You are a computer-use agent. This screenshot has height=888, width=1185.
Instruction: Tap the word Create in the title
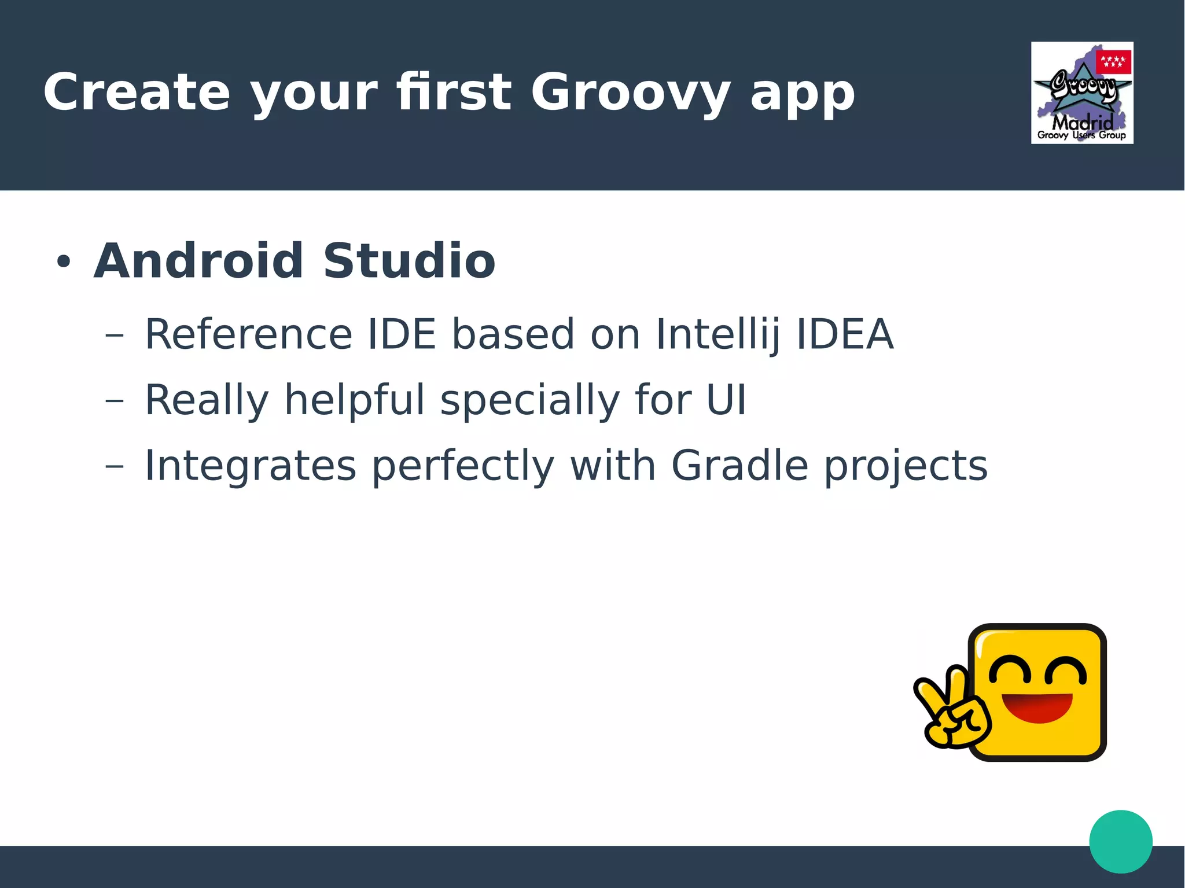pyautogui.click(x=137, y=93)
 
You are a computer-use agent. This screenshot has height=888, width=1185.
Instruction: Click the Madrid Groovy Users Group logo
pyautogui.click(x=1081, y=93)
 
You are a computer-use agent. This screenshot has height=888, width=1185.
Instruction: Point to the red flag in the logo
pyautogui.click(x=1113, y=62)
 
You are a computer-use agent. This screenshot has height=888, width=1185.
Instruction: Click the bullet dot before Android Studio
pyautogui.click(x=63, y=261)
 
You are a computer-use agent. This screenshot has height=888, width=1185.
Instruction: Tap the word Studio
pyautogui.click(x=409, y=261)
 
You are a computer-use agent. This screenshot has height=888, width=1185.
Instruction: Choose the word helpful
pyautogui.click(x=354, y=400)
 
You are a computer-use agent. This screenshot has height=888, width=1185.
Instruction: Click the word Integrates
pyautogui.click(x=250, y=466)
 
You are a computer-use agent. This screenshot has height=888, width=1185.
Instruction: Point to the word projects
pyautogui.click(x=906, y=466)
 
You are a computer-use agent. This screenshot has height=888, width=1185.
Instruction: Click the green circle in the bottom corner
pyautogui.click(x=1120, y=841)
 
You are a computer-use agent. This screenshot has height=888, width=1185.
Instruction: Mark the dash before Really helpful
pyautogui.click(x=115, y=400)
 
